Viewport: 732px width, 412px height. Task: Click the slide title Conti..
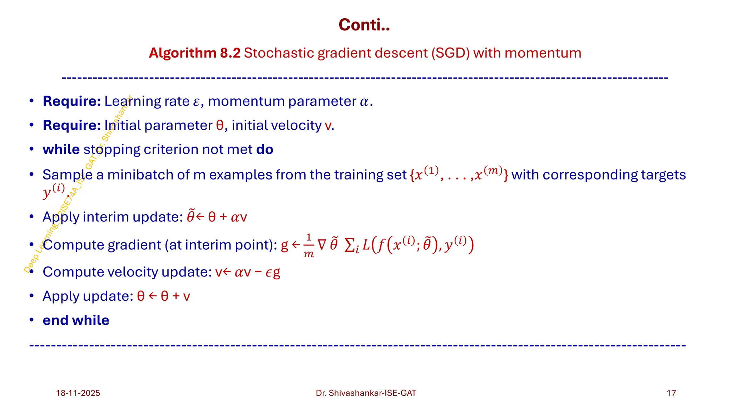[364, 25]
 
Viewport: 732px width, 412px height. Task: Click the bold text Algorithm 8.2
[195, 53]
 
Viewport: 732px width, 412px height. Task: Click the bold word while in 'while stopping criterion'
[61, 149]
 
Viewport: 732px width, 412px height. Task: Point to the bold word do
[265, 149]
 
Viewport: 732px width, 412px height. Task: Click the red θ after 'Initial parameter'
[220, 126]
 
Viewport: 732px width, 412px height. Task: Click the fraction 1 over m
[308, 246]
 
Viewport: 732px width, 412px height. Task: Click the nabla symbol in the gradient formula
[322, 245]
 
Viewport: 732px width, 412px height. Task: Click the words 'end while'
[76, 320]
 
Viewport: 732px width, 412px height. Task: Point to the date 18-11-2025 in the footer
[78, 393]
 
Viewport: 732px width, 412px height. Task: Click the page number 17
[671, 393]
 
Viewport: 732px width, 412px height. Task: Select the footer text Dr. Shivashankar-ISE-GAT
[366, 393]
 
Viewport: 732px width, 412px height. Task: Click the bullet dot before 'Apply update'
[32, 296]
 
